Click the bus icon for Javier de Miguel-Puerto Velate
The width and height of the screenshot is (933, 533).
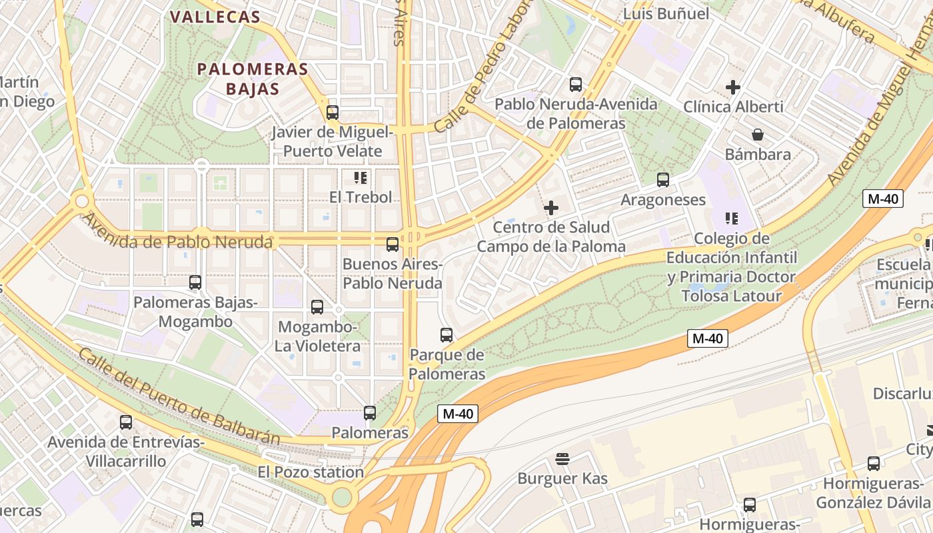(333, 112)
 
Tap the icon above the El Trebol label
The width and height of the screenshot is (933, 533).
(361, 177)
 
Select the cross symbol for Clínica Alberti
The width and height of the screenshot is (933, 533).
(733, 87)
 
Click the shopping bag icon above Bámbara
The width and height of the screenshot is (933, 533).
(758, 135)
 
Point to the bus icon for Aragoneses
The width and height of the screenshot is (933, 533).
(663, 180)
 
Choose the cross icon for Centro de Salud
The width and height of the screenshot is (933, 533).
(551, 208)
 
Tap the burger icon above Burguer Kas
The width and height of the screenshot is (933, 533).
(562, 458)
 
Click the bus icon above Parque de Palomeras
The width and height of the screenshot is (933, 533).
(447, 334)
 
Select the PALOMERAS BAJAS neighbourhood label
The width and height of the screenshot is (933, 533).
(253, 79)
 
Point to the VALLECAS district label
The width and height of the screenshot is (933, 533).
(215, 17)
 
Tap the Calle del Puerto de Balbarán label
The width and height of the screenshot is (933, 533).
(179, 396)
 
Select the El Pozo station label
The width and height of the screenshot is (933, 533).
(311, 472)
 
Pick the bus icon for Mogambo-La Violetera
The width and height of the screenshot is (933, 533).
(317, 307)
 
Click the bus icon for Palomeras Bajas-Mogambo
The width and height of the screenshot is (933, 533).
(195, 282)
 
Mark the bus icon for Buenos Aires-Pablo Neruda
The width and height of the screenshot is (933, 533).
(393, 245)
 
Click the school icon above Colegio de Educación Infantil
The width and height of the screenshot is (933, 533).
(732, 219)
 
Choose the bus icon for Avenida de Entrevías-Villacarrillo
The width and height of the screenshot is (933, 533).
(126, 422)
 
